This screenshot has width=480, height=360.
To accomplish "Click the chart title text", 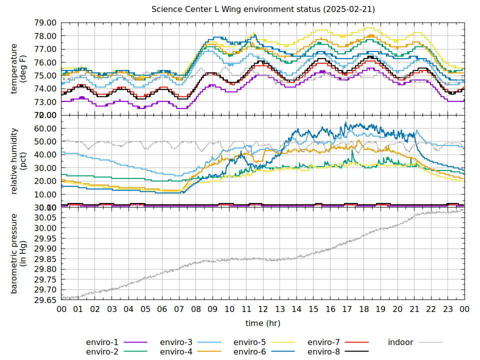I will [x=263, y=9].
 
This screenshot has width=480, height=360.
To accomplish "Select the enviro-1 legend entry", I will [x=102, y=342].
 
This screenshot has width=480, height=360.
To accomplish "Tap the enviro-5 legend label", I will [x=249, y=342].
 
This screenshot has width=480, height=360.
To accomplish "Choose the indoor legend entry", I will [x=400, y=342].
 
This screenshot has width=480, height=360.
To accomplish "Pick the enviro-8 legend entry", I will [x=323, y=352].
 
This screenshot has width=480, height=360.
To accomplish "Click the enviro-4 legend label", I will [x=176, y=352].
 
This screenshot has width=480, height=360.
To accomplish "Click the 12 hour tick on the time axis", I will [x=263, y=310].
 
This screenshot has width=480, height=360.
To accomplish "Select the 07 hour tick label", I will [x=179, y=310].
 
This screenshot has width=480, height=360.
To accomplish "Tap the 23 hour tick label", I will [x=448, y=310].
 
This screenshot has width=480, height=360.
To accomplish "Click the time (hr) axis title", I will [x=263, y=323].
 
